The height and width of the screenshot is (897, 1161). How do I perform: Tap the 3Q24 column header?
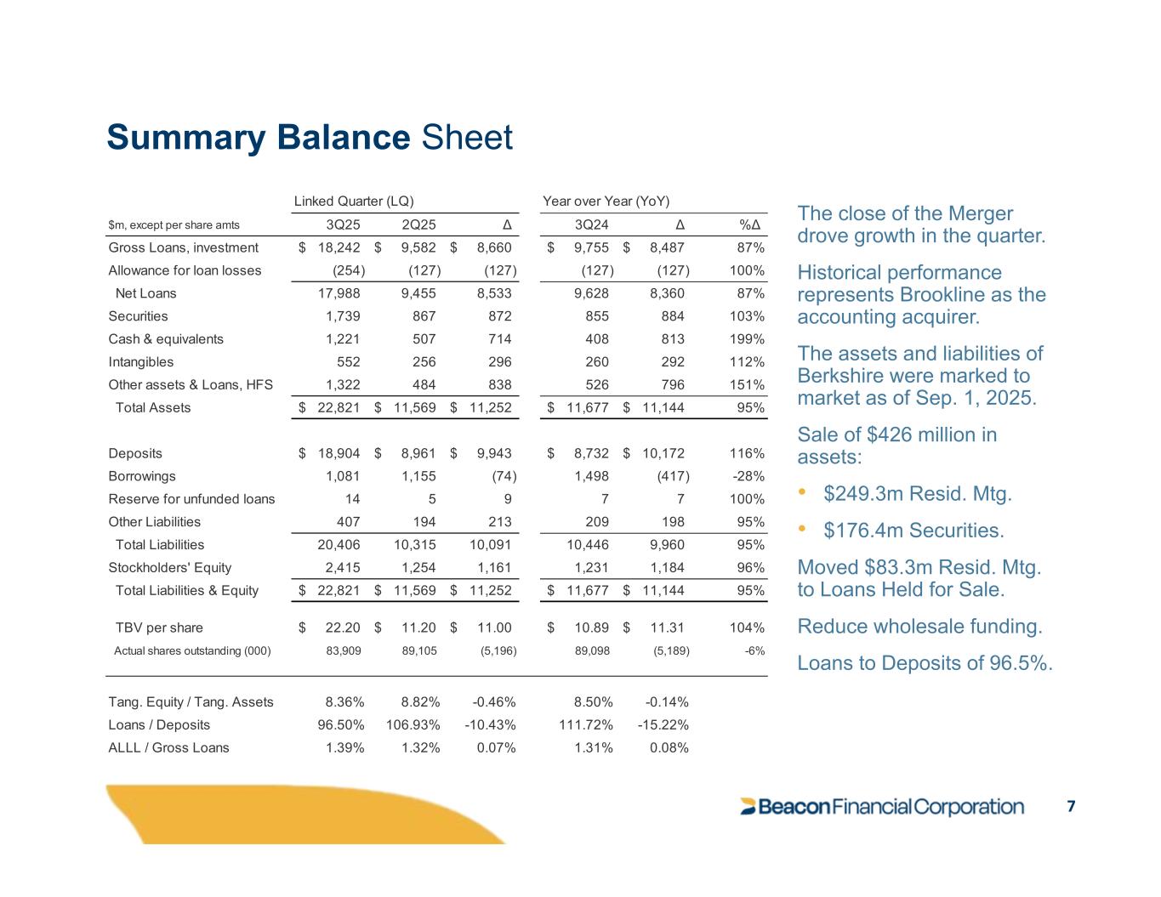coord(591,225)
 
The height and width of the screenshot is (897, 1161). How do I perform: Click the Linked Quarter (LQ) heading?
coord(354,202)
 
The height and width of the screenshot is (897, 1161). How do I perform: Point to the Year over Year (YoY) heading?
coord(606,202)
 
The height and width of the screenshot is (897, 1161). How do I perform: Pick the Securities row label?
coord(139,316)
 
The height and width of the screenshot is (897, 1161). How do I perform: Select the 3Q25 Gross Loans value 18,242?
coord(339,248)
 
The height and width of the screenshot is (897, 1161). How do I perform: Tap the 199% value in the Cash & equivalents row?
coord(747,339)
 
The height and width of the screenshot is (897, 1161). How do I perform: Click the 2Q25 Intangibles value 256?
coord(424,362)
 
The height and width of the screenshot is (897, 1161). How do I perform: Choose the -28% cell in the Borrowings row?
coord(748,476)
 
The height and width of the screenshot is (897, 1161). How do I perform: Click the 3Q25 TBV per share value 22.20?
coord(343,628)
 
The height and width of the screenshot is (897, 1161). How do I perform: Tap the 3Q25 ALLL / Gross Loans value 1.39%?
coord(345,748)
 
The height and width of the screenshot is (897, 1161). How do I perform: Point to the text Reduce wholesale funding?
coord(919,627)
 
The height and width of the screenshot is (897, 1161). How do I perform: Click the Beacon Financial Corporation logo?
coord(882,807)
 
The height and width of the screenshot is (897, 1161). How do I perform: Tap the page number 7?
coord(1071,806)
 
